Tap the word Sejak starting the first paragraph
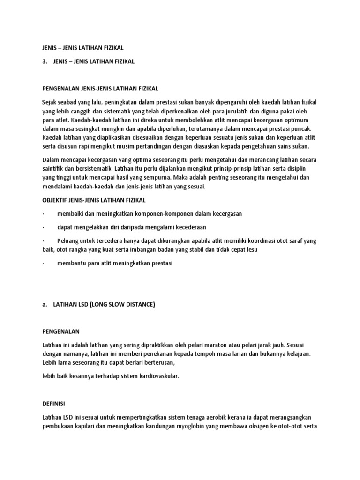(x=50, y=102)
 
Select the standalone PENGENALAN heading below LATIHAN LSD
(x=61, y=331)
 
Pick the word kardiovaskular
(x=156, y=376)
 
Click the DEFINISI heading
(x=53, y=403)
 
